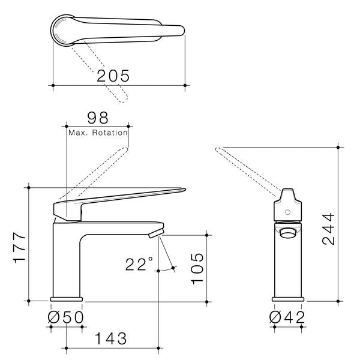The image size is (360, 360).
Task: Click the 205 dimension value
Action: (x=113, y=76)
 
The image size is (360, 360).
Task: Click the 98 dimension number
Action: (x=97, y=118)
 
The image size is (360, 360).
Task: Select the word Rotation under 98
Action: (x=110, y=133)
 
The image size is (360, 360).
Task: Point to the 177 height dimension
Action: (x=19, y=247)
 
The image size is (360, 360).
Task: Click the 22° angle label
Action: (x=139, y=264)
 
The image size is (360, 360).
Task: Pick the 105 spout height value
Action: (x=197, y=269)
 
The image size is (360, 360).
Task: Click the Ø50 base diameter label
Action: (x=65, y=317)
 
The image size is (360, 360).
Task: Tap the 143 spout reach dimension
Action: (x=110, y=338)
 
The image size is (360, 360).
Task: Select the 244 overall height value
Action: (x=328, y=229)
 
